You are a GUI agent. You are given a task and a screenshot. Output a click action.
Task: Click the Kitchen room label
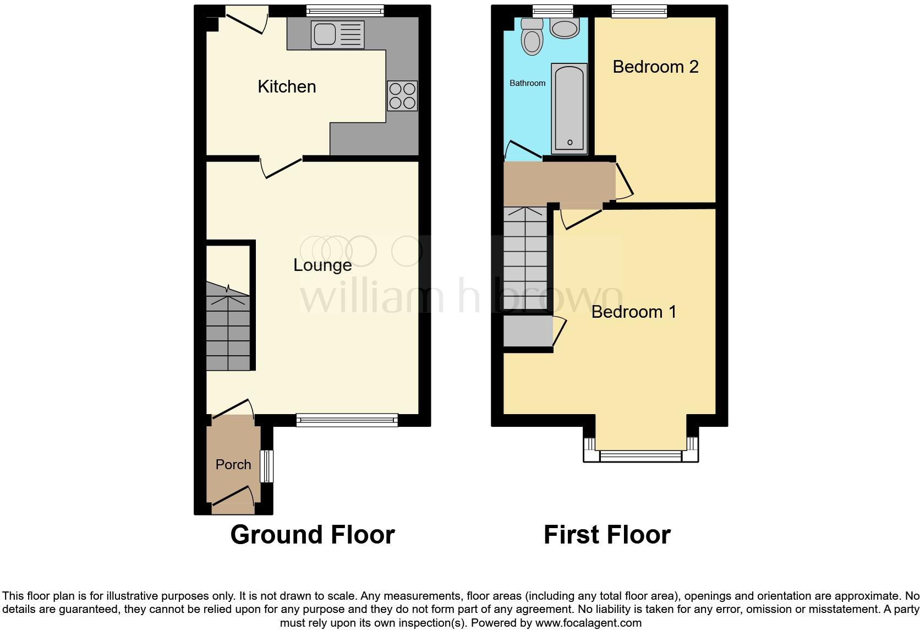287,86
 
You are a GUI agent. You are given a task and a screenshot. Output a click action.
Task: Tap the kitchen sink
337,34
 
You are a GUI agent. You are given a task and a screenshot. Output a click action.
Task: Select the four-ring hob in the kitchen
402,96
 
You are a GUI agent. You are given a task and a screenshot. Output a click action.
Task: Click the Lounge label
322,265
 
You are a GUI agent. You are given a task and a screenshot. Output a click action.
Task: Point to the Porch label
233,464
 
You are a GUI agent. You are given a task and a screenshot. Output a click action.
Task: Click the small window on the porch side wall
267,466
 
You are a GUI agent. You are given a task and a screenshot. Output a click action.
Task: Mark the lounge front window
347,420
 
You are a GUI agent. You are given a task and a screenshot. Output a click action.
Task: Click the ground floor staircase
228,327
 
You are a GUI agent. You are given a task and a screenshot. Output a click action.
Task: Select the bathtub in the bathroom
569,107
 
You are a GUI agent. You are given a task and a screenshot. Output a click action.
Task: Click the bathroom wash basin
565,28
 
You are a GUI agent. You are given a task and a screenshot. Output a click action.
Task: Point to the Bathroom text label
527,83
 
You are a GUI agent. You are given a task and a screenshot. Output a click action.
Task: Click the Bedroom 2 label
655,67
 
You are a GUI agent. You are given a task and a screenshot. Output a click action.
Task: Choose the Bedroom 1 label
633,312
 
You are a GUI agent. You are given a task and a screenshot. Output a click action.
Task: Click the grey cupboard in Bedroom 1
528,331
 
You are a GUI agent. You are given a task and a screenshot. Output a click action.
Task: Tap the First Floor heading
606,534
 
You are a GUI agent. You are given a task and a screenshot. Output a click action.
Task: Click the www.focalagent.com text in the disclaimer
588,623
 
